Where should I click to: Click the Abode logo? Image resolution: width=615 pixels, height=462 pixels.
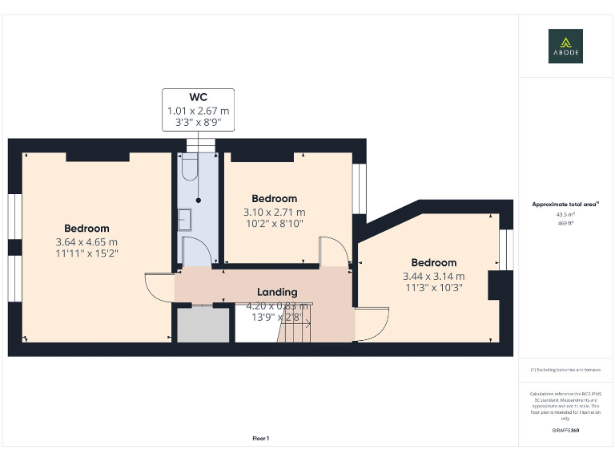[x=565, y=46]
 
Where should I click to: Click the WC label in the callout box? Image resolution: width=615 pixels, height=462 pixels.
[x=198, y=97]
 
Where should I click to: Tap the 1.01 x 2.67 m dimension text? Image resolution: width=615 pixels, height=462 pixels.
[x=198, y=111]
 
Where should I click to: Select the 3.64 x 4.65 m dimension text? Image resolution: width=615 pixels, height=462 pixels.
[x=86, y=241]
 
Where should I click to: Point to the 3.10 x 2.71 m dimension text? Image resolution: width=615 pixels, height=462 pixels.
[x=274, y=213]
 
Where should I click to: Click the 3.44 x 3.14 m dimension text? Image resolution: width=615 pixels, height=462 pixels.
[x=433, y=277]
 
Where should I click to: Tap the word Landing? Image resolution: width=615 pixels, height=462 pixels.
[x=277, y=292]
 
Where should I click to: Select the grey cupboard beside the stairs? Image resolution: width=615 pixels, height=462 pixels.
[x=203, y=324]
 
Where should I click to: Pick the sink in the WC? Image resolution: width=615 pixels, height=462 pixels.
[x=183, y=219]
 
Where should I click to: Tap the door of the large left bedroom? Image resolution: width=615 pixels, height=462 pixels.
[x=159, y=287]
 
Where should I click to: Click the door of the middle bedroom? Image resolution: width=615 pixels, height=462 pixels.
[x=332, y=250]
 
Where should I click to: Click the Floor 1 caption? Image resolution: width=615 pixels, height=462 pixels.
[x=261, y=438]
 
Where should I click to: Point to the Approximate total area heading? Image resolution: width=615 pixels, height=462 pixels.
[x=565, y=205]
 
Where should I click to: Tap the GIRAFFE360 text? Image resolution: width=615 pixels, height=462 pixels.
[x=565, y=431]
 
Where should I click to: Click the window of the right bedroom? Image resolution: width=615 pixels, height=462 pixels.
[x=504, y=250]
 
